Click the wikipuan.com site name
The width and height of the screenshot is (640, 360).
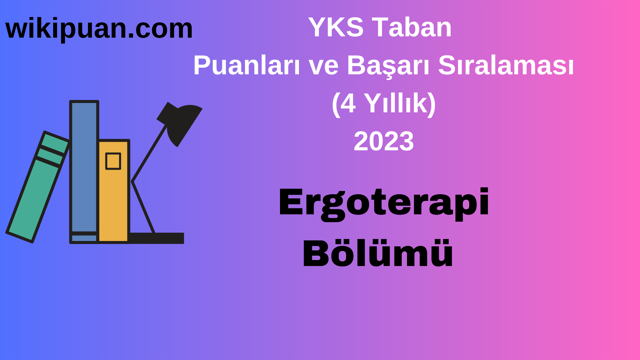(99, 29)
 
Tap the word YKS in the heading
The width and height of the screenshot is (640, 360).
(336, 27)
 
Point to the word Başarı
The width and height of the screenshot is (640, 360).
(389, 66)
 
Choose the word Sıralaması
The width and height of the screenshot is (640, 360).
(506, 65)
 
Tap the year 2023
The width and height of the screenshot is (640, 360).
(384, 141)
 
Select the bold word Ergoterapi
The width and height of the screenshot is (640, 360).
(384, 203)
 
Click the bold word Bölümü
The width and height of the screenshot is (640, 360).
(378, 253)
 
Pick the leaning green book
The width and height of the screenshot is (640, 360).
(33, 200)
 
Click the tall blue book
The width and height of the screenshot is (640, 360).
(84, 167)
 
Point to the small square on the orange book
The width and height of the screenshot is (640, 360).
(113, 161)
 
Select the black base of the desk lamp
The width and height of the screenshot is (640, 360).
(157, 238)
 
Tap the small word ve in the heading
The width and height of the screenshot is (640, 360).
(323, 66)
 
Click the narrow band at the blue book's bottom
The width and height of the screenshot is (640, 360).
(84, 238)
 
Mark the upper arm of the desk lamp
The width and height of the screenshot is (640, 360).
(149, 153)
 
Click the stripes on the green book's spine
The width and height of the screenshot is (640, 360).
(52, 155)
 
